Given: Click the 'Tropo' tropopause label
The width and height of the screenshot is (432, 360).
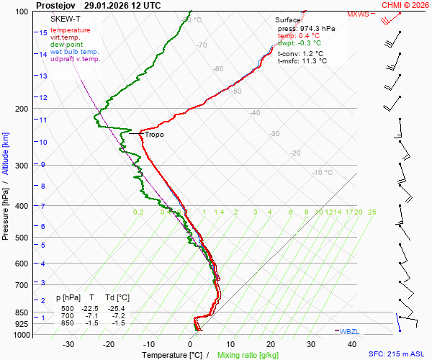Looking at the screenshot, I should [x=154, y=135].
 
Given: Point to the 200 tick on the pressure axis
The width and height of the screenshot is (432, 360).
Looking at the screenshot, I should [x=21, y=109].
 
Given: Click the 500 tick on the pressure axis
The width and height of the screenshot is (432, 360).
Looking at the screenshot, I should [x=21, y=238].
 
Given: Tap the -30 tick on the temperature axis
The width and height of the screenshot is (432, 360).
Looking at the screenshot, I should [x=68, y=344].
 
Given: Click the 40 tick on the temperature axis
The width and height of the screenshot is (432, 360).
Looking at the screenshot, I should [x=352, y=344].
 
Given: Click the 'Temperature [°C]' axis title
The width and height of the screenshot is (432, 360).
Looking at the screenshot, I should [x=172, y=355].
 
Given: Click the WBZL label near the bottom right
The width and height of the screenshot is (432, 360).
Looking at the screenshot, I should [x=350, y=330].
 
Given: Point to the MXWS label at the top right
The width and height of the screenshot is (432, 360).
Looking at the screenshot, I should [x=358, y=14].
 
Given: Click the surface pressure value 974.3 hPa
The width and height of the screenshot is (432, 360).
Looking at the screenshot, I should [x=317, y=28].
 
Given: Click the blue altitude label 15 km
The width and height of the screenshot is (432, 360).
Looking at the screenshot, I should [x=43, y=32].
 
